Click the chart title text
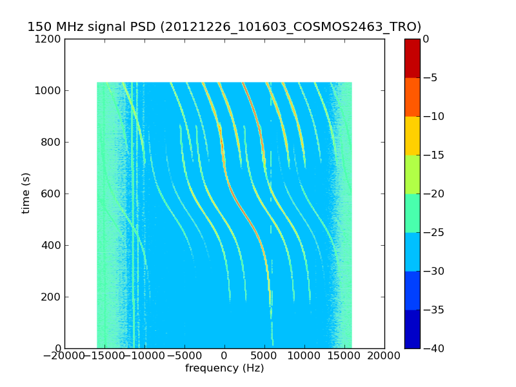[x=224, y=27]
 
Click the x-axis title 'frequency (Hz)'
[x=224, y=368]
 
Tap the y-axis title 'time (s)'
[x=26, y=193]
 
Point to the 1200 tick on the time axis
[x=48, y=39]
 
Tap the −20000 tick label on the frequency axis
[x=64, y=355]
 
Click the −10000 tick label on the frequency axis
[x=144, y=355]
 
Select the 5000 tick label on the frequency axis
[x=264, y=355]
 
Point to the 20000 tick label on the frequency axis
[x=384, y=355]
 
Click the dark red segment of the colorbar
[x=412, y=58]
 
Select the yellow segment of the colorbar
[x=412, y=135]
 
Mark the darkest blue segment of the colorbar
[x=412, y=329]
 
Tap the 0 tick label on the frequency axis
[x=224, y=355]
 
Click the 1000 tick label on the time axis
[x=48, y=90]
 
